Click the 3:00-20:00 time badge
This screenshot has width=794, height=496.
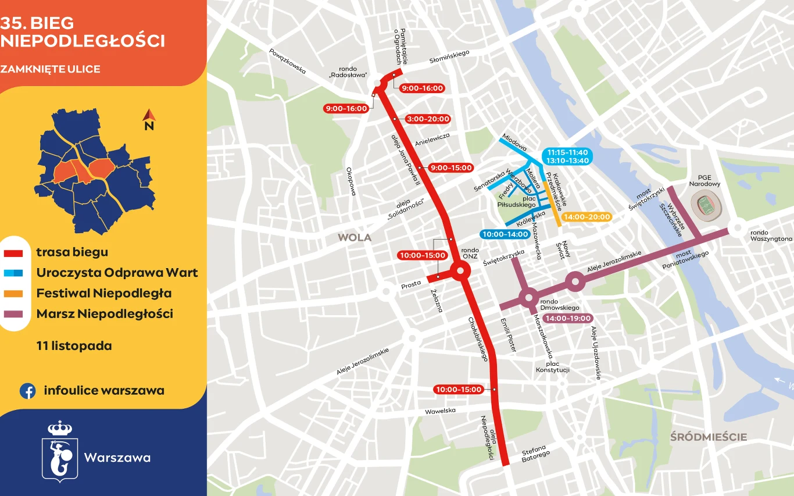pos(429,119)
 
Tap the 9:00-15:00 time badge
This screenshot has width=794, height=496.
pos(451,168)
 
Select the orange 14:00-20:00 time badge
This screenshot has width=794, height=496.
pos(587,217)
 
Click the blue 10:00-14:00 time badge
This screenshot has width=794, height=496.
pos(504,234)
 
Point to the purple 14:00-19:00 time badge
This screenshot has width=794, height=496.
pos(568,319)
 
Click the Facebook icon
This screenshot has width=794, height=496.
pos(27,391)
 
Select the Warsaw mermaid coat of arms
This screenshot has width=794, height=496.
pos(59,451)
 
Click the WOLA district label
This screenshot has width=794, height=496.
pos(355,238)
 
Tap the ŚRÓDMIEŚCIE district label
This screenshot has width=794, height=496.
pos(708,437)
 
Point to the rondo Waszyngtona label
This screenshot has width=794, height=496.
pos(771,235)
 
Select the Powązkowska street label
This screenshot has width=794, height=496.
pos(287,60)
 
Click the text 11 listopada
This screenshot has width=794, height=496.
pos(74,346)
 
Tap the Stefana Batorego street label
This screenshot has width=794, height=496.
pos(535,454)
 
